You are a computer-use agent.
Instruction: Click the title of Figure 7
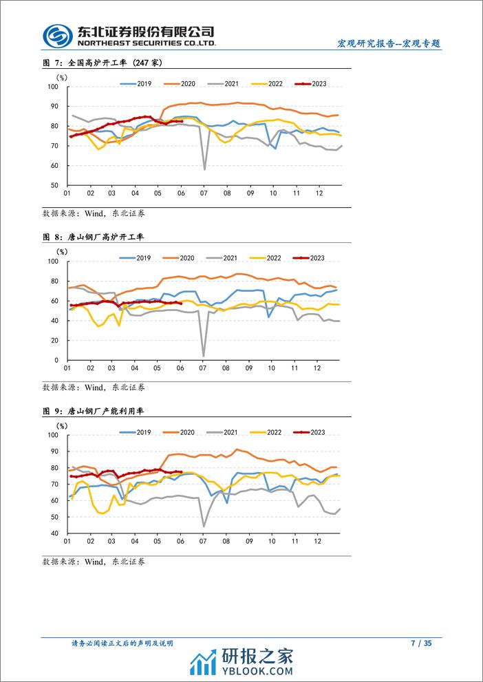(102, 63)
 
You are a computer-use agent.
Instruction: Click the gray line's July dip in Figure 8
(203, 356)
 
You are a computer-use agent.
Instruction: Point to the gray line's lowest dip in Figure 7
(204, 169)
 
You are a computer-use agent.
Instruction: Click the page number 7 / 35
(420, 643)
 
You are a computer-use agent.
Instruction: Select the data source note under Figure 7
(94, 213)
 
